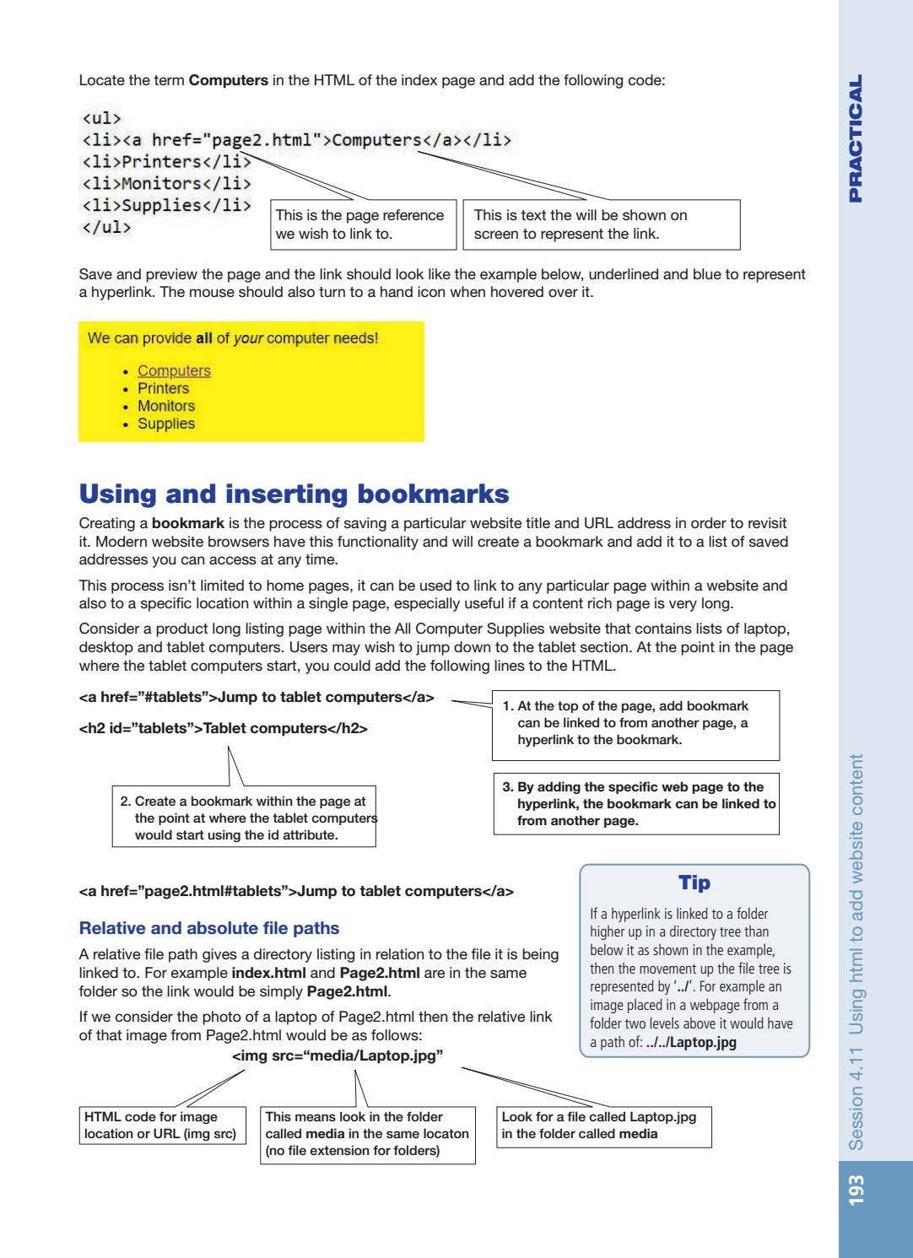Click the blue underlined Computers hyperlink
tap(174, 371)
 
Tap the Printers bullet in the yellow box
tap(163, 389)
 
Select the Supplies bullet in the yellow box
tap(165, 424)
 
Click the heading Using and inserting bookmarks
tap(294, 494)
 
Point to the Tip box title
tap(694, 883)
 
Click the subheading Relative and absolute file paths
tap(208, 928)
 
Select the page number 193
tap(856, 1190)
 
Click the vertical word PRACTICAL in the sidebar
tap(856, 139)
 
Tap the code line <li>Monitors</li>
tap(166, 184)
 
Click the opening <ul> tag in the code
tap(101, 118)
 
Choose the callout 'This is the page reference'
tap(363, 224)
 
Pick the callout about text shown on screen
tap(601, 224)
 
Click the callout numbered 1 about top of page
tap(635, 723)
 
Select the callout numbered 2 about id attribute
tap(244, 818)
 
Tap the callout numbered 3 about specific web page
tap(635, 803)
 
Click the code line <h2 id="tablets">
tap(223, 728)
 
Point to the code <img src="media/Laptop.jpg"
tap(338, 1056)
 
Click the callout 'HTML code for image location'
tap(164, 1126)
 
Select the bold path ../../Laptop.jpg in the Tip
tap(690, 1042)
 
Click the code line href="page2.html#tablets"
tap(295, 892)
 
